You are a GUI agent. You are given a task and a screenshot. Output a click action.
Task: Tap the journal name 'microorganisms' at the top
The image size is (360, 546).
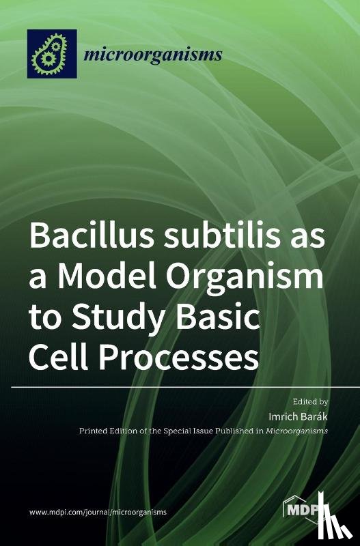click(x=152, y=55)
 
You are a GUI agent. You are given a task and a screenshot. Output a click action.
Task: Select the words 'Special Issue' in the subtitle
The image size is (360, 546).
click(x=192, y=431)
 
